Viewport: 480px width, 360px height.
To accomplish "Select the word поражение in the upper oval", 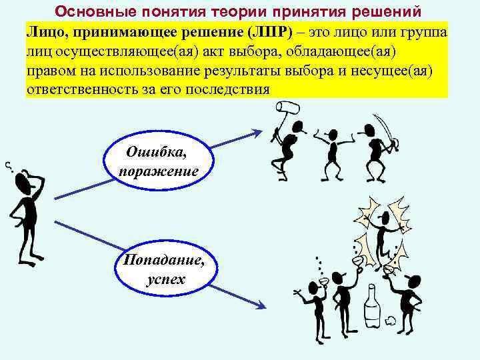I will (x=159, y=171).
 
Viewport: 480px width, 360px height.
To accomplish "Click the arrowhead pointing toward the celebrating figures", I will (x=261, y=307).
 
